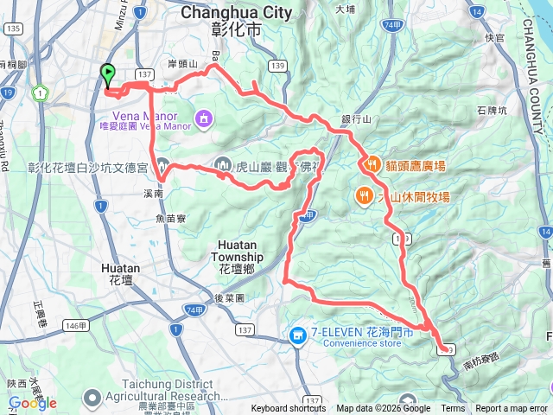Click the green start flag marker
[x=107, y=76]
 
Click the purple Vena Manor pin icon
[x=203, y=116]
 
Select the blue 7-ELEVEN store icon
[x=298, y=334]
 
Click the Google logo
[x=33, y=403]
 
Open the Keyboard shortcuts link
[x=289, y=409]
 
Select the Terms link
[x=453, y=409]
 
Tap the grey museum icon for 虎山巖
[x=222, y=164]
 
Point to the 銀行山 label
[x=355, y=119]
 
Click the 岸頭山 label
[x=183, y=64]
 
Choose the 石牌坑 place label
[x=493, y=110]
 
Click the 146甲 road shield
[x=75, y=325]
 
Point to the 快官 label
[x=494, y=38]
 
